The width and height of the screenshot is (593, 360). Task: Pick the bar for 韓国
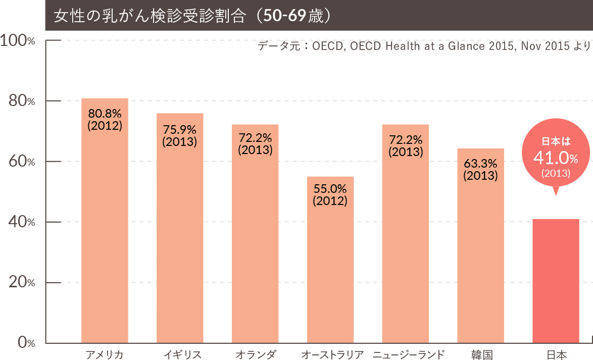(x=480, y=263)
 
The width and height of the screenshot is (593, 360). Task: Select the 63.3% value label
(x=480, y=164)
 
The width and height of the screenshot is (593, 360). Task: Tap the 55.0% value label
(x=330, y=189)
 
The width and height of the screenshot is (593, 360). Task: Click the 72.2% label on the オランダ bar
(x=255, y=138)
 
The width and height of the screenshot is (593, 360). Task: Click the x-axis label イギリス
(x=182, y=354)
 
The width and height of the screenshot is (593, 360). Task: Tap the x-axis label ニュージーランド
(x=409, y=354)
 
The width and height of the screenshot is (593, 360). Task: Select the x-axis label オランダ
(x=256, y=354)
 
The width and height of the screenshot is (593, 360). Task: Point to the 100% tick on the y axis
(x=18, y=40)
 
